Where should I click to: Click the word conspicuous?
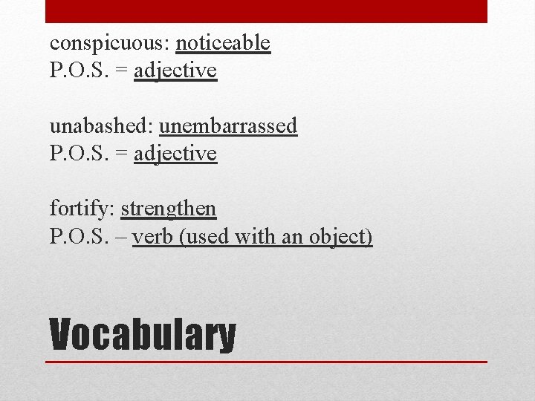tap(110, 44)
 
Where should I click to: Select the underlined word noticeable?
tap(223, 44)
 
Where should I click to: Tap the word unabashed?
tap(102, 126)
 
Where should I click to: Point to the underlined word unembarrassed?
tap(228, 126)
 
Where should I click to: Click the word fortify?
tap(82, 209)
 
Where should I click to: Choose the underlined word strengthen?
tap(169, 209)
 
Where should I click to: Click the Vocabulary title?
tap(143, 335)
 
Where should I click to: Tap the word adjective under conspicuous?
tap(175, 71)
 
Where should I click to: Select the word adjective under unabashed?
tap(175, 154)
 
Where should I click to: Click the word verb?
tap(153, 237)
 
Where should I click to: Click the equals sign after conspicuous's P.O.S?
tap(121, 72)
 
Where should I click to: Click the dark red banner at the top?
tap(267, 11)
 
